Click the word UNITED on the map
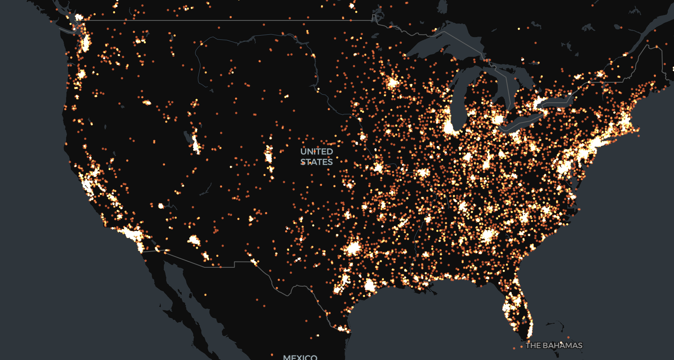click(x=317, y=151)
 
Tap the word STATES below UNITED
click(x=317, y=162)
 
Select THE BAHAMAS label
click(x=554, y=345)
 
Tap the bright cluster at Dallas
click(x=353, y=248)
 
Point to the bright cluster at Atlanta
click(x=488, y=235)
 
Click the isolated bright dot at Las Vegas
click(x=161, y=206)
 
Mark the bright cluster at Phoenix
click(x=194, y=241)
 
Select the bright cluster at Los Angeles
click(x=129, y=234)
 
